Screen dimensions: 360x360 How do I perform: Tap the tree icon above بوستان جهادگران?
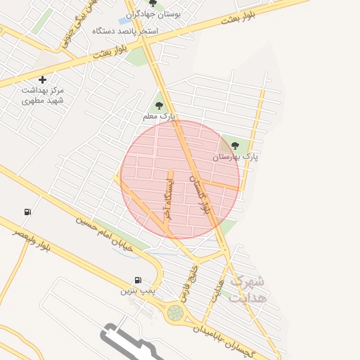click(x=153, y=4)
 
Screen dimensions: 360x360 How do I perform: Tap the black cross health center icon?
click(x=42, y=80)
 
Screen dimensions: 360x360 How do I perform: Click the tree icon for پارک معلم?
click(x=158, y=105)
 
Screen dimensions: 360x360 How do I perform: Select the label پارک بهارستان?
click(x=236, y=157)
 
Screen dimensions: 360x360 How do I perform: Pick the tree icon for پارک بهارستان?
click(x=235, y=146)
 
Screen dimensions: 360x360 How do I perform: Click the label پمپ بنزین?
click(x=137, y=290)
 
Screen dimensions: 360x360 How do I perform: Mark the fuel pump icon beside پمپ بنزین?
click(x=138, y=279)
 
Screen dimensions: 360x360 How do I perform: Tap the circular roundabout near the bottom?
click(x=174, y=313)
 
